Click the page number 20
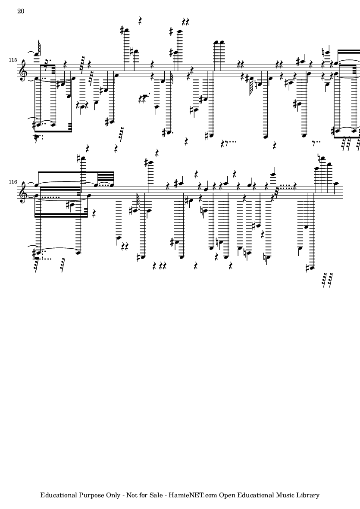[x=21, y=11]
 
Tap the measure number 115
[x=13, y=60]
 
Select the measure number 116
[x=13, y=182]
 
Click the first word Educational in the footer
[x=58, y=495]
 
